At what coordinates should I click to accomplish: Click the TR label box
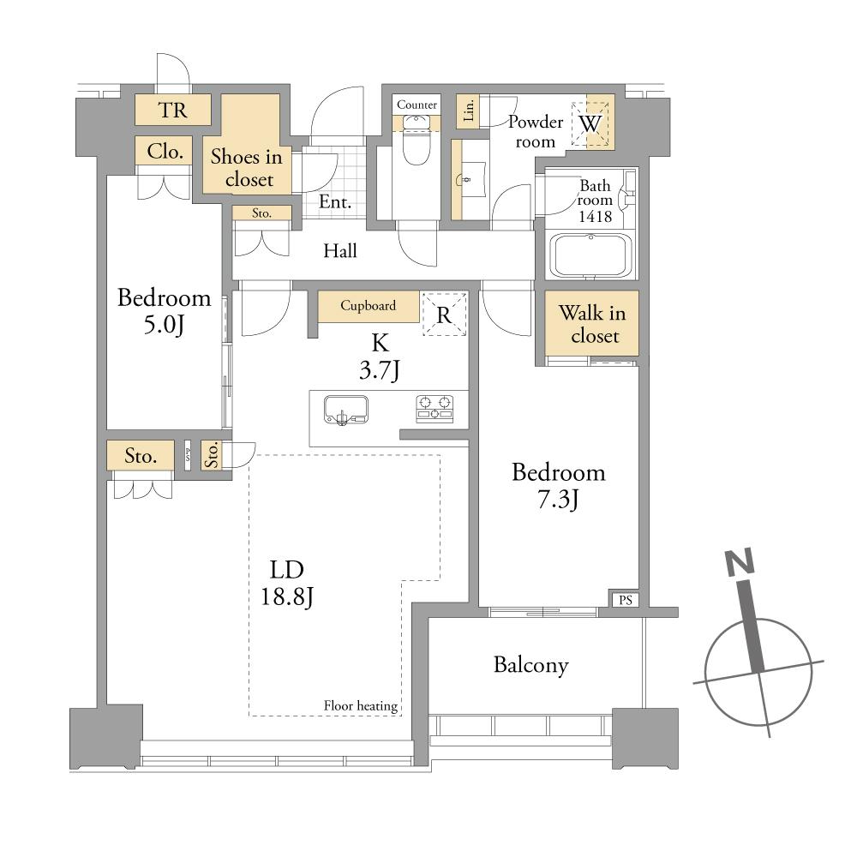(173, 110)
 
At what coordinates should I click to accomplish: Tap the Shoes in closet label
(247, 168)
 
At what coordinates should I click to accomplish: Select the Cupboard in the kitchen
(369, 306)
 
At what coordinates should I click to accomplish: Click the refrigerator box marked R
(444, 315)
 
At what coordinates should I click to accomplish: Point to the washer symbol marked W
(590, 124)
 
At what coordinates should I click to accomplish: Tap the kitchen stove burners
(434, 409)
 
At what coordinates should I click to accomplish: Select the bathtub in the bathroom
(590, 255)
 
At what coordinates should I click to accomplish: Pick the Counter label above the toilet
(417, 105)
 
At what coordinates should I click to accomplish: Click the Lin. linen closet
(469, 111)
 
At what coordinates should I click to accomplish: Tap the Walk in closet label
(592, 324)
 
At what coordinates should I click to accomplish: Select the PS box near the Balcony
(626, 600)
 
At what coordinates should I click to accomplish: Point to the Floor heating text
(361, 706)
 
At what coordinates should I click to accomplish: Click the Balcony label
(530, 665)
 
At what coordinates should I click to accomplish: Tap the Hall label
(340, 251)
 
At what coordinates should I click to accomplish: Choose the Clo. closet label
(165, 152)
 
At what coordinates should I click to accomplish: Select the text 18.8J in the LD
(287, 596)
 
